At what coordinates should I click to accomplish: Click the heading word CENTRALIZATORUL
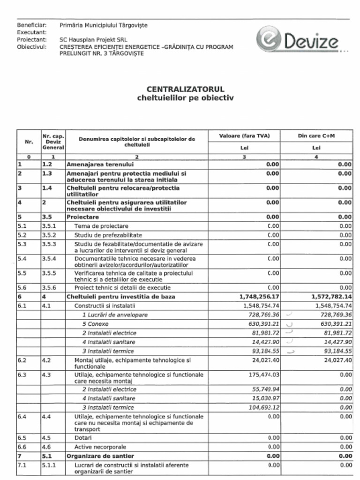pos(185,89)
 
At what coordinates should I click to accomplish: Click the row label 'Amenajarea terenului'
pos(100,165)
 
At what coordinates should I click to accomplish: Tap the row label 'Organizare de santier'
pos(100,456)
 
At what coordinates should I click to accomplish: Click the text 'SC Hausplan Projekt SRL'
pos(93,40)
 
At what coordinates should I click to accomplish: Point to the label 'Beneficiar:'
pos(31,25)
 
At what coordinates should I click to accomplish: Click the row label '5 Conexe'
pos(95,324)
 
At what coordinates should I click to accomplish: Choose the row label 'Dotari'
pos(83,438)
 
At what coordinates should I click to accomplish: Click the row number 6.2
pos(22,360)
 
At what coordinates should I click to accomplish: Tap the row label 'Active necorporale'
pos(100,447)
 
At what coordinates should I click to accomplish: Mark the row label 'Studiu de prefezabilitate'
pos(108,235)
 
